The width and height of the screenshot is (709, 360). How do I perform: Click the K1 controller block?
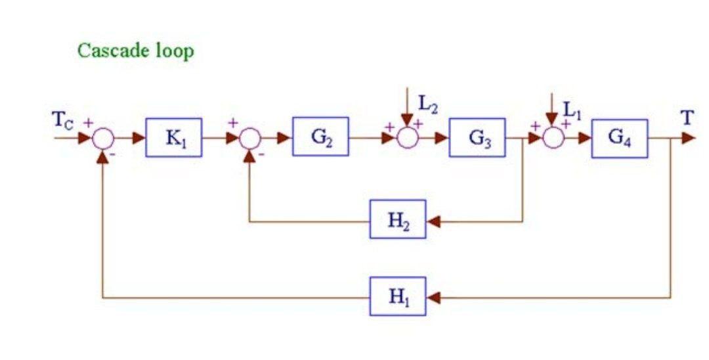[174, 138]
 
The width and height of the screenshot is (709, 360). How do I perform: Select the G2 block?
[320, 137]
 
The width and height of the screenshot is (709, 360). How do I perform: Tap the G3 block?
[477, 138]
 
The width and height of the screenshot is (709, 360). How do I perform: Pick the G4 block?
[619, 138]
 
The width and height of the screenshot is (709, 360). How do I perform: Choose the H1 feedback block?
[398, 296]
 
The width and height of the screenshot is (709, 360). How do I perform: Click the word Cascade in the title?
[109, 51]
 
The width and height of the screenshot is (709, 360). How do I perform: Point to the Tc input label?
[65, 124]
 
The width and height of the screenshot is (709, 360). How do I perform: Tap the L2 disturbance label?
[428, 104]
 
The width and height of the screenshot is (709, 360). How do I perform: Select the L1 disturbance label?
[572, 112]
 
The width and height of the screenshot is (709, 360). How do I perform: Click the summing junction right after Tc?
[104, 139]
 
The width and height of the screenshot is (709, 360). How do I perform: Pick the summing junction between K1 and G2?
[249, 139]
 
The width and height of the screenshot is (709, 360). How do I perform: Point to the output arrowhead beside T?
[687, 138]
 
